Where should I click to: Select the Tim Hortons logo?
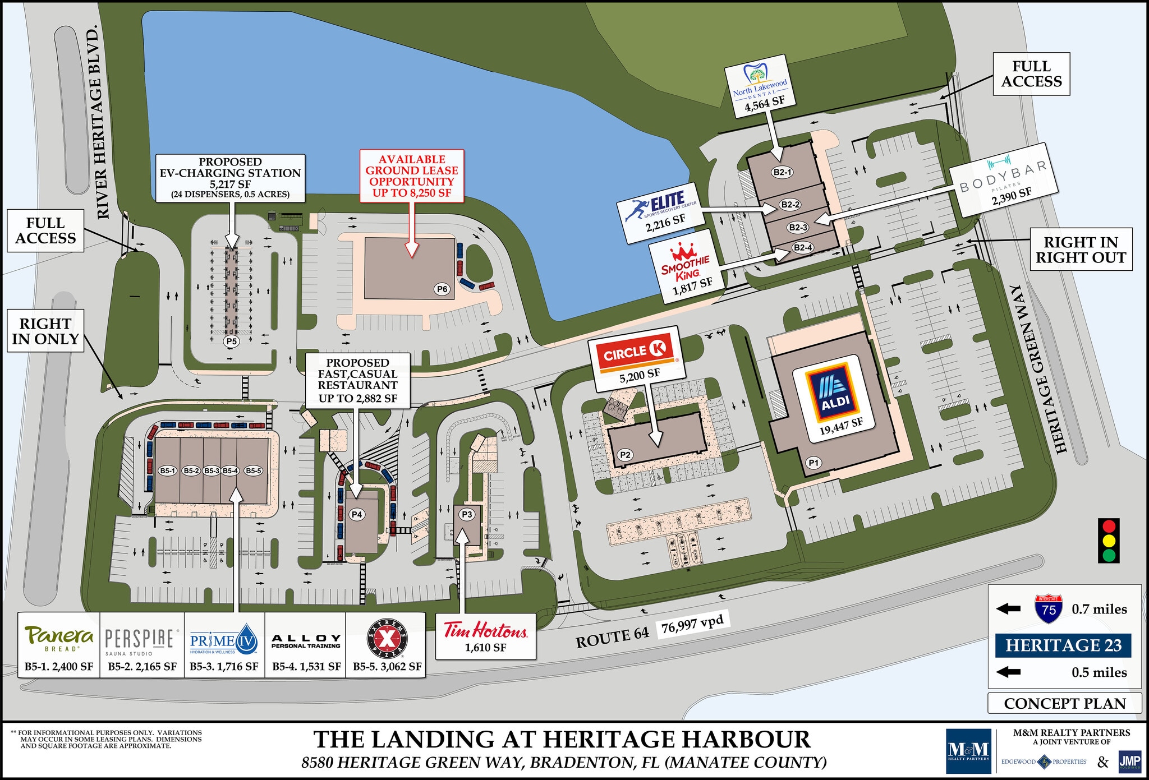coord(485,630)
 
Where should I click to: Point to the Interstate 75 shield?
coord(1049,609)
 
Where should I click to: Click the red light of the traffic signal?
coord(1109,527)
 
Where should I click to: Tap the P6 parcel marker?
coord(442,289)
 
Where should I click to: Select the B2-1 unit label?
coord(782,172)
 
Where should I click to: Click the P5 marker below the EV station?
coord(231,341)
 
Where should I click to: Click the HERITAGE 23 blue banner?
coord(1063,645)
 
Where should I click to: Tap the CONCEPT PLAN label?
coord(1064,703)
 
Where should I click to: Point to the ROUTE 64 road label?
coord(612,637)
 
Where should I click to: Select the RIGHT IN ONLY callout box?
coord(45,331)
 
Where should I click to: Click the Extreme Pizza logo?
coord(387,639)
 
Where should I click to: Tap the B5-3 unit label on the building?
coord(212,470)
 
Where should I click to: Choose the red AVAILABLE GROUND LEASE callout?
coord(412,176)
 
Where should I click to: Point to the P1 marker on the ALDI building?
coord(814,463)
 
